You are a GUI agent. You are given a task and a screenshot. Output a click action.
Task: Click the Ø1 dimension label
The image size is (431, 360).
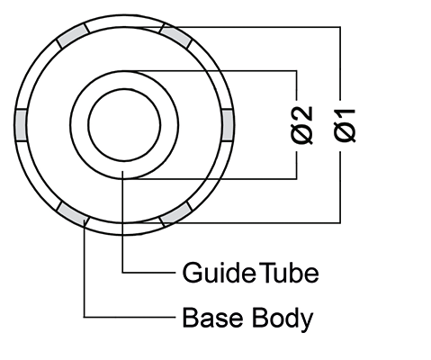coord(345,126)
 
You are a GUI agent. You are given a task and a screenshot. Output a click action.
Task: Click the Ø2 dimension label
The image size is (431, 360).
coord(301,126)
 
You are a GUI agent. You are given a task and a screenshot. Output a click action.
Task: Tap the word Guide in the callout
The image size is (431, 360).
coord(219,273)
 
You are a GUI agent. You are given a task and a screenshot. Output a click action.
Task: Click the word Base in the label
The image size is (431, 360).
coord(212,318)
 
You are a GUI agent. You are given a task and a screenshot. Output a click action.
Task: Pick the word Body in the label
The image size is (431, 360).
coord(283,319)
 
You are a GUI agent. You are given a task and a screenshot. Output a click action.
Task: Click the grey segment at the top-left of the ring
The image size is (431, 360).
coord(73,36)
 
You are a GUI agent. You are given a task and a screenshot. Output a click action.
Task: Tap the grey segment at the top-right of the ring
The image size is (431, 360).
coord(175,36)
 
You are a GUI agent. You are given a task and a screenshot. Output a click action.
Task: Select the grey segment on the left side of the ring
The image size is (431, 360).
coord(21,125)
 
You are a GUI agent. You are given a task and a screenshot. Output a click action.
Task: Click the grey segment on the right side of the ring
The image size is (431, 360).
coord(228,125)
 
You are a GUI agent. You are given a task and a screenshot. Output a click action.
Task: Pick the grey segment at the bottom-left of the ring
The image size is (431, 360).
coord(73,214)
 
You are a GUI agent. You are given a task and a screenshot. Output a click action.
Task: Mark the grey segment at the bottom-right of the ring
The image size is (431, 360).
coord(175,214)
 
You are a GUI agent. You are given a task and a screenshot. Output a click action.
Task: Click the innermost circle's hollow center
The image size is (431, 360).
coord(124,125)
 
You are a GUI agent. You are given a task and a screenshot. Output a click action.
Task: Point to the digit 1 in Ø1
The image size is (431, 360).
coord(345,114)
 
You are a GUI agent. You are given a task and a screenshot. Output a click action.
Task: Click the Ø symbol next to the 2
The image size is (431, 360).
coord(301,135)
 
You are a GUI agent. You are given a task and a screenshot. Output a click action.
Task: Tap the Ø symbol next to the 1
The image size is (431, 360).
coord(345,133)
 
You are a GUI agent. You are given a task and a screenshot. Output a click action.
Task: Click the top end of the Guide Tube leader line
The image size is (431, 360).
coord(122,171)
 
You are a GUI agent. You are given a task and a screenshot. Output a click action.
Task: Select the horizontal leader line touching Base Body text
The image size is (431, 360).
coord(130,317)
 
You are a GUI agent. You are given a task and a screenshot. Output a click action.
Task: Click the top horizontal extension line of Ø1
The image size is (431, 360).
coord(241,27)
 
